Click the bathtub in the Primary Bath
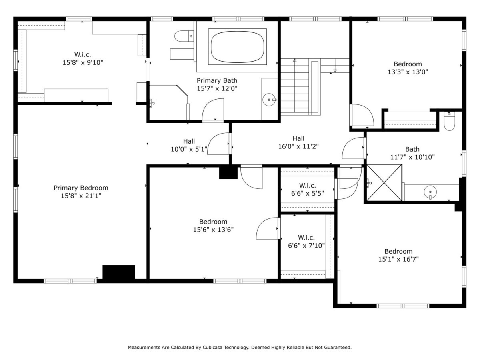click(x=237, y=46)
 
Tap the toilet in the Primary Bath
click(x=184, y=36)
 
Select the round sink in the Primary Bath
click(x=269, y=100)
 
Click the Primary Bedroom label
click(x=81, y=188)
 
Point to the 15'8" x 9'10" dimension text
click(x=83, y=62)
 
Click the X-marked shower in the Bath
click(x=384, y=182)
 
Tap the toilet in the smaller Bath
click(x=449, y=121)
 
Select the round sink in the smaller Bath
click(x=430, y=192)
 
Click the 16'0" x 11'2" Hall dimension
click(x=298, y=146)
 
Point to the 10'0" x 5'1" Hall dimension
click(x=189, y=149)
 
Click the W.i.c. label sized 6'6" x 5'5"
click(x=308, y=186)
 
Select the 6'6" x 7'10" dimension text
click(x=306, y=246)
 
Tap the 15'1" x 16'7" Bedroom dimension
click(x=398, y=259)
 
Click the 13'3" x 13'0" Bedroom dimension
click(x=408, y=72)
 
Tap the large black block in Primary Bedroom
click(x=119, y=272)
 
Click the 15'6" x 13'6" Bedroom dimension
click(x=214, y=230)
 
